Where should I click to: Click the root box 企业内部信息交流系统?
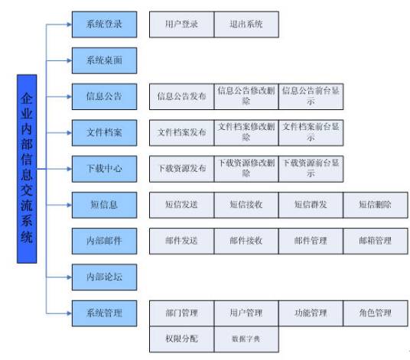tap(27, 169)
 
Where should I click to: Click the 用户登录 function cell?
tap(181, 24)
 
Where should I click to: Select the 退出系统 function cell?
tap(246, 24)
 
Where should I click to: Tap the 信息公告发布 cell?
tap(181, 96)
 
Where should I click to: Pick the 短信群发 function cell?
tap(310, 204)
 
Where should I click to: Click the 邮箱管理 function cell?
tap(374, 241)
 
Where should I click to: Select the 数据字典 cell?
tap(246, 338)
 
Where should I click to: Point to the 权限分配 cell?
tap(181, 338)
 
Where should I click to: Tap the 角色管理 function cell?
tap(374, 313)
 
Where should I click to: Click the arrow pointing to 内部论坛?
tap(67, 277)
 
